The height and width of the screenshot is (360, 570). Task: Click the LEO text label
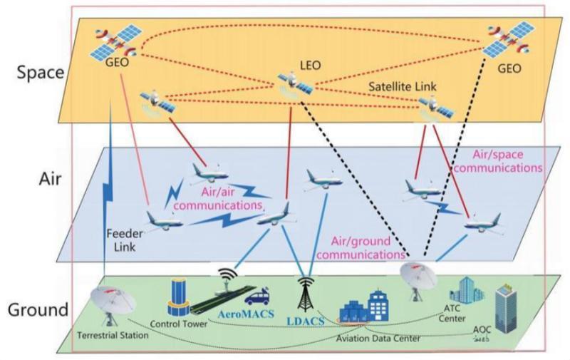coord(311,66)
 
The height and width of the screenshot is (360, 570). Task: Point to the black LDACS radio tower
coord(305,293)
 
